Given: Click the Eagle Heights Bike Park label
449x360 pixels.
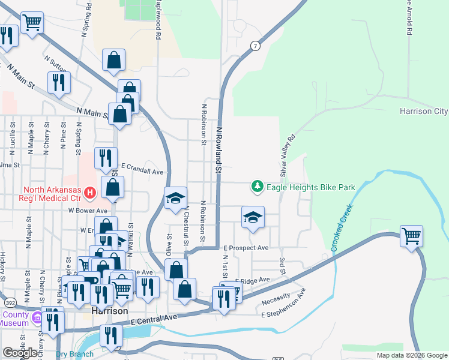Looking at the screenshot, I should point(311,188).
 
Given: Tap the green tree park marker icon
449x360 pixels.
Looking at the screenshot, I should point(258,187).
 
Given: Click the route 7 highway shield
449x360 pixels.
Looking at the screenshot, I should point(256,46).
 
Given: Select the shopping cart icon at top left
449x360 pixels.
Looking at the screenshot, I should point(32,23).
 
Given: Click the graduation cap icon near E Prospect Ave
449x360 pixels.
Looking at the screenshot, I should point(253,217).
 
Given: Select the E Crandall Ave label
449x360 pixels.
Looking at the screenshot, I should point(142,172).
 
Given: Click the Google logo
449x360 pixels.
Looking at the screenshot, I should point(20,353).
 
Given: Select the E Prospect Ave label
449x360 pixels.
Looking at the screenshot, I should point(246,248).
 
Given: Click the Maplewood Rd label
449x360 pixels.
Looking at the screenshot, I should point(158,20).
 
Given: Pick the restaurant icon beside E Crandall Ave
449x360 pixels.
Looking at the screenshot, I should point(106,158).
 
